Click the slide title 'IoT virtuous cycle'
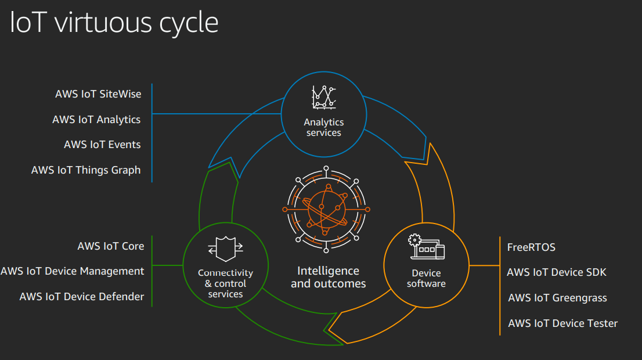[x=114, y=23]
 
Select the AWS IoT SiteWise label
[x=98, y=93]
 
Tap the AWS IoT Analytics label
[x=96, y=119]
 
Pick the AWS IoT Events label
[x=102, y=145]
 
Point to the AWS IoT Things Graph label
[x=86, y=170]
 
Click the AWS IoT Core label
[x=111, y=246]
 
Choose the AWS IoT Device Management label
[x=73, y=271]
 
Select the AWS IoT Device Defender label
[x=82, y=297]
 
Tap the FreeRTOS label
[x=531, y=247]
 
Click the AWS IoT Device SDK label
[x=556, y=272]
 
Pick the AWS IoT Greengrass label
[x=557, y=298]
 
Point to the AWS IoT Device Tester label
[x=562, y=323]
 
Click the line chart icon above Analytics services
[x=324, y=98]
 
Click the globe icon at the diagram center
[x=326, y=209]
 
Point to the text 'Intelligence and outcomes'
[x=328, y=277]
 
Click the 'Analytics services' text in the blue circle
[x=324, y=127]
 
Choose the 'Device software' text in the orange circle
[x=426, y=278]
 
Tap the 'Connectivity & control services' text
[x=225, y=283]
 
